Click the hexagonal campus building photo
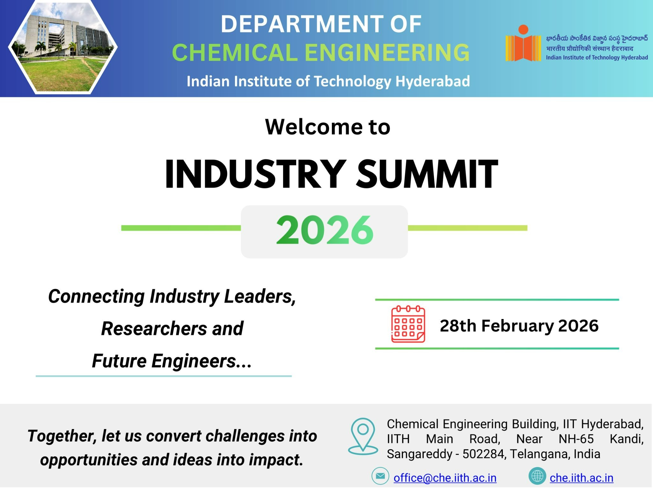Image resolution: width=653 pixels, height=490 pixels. [x=63, y=47]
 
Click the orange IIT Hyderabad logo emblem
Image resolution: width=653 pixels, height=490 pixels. [x=523, y=44]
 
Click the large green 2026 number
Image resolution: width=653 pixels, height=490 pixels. [x=325, y=230]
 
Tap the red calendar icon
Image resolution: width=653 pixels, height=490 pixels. [x=408, y=324]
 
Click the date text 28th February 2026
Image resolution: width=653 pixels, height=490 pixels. [x=519, y=326]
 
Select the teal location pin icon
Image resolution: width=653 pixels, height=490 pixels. [x=363, y=436]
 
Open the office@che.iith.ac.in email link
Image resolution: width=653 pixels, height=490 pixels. [x=445, y=478]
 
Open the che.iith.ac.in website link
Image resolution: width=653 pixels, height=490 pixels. [x=581, y=478]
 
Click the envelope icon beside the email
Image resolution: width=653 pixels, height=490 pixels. [x=380, y=476]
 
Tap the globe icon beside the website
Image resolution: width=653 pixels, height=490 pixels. [x=537, y=476]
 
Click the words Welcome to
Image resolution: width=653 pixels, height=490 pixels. [x=327, y=127]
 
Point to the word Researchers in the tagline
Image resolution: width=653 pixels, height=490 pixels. [x=154, y=329]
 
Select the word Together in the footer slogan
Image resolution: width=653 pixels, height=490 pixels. [x=62, y=436]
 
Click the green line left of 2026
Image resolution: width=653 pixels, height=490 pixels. [x=181, y=228]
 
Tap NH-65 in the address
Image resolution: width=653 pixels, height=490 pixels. [x=576, y=439]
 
